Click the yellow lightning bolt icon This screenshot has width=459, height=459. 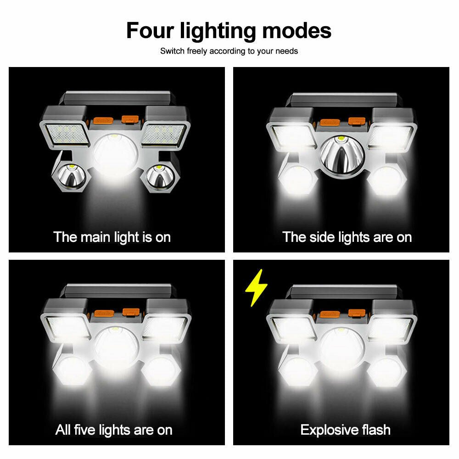pos(256,288)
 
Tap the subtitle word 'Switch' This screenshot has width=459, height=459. pos(173,51)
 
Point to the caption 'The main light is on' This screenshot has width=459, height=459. pos(112,237)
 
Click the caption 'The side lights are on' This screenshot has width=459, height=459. pos(347,237)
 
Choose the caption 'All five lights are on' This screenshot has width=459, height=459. pos(114,430)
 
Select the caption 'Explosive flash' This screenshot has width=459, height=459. pos(345,430)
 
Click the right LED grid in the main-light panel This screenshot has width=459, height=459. pos(163,134)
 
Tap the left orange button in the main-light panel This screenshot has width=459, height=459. pos(103,121)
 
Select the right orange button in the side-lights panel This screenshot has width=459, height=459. pos(357,121)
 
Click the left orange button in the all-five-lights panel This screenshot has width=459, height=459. pos(103,313)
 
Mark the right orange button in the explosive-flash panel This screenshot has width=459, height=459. pos(357,313)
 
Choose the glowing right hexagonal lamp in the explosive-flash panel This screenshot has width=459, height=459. pos(386,371)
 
